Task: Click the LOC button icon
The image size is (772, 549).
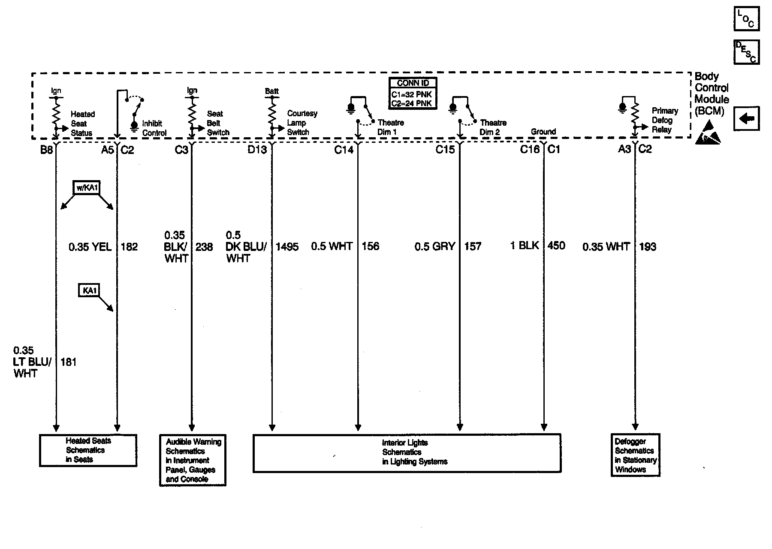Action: coord(746,19)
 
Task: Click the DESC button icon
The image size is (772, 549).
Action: coord(746,52)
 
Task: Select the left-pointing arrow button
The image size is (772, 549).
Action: coord(746,118)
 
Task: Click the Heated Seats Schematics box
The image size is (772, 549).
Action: coord(88,450)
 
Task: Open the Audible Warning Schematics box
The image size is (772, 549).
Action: coord(193,460)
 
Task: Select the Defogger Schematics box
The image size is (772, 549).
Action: coord(635,455)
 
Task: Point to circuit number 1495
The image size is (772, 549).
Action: coord(287,247)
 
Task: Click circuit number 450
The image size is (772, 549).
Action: coord(556,246)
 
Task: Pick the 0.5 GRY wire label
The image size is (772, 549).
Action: coord(434,247)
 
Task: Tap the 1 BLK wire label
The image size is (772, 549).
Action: coord(524,246)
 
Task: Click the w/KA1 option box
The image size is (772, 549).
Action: coord(87,188)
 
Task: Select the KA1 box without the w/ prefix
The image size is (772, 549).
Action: coord(89,290)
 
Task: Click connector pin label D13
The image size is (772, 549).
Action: coord(257,150)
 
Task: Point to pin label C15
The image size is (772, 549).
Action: coord(445,150)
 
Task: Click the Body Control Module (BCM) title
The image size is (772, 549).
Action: coord(711,94)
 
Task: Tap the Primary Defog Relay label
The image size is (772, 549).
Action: coord(664,120)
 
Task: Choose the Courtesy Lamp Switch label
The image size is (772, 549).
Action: coord(302,123)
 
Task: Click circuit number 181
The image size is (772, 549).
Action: coord(69,362)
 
